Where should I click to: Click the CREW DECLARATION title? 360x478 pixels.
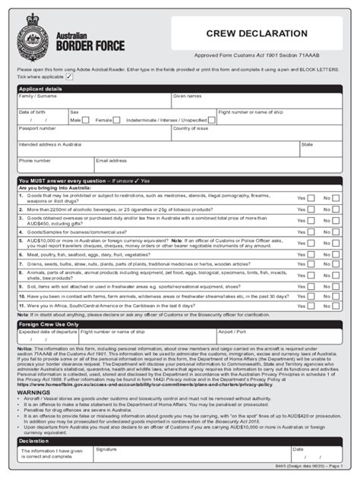coord(257,33)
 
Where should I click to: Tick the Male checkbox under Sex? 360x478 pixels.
coord(86,119)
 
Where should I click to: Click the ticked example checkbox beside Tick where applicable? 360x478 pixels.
coord(70,77)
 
